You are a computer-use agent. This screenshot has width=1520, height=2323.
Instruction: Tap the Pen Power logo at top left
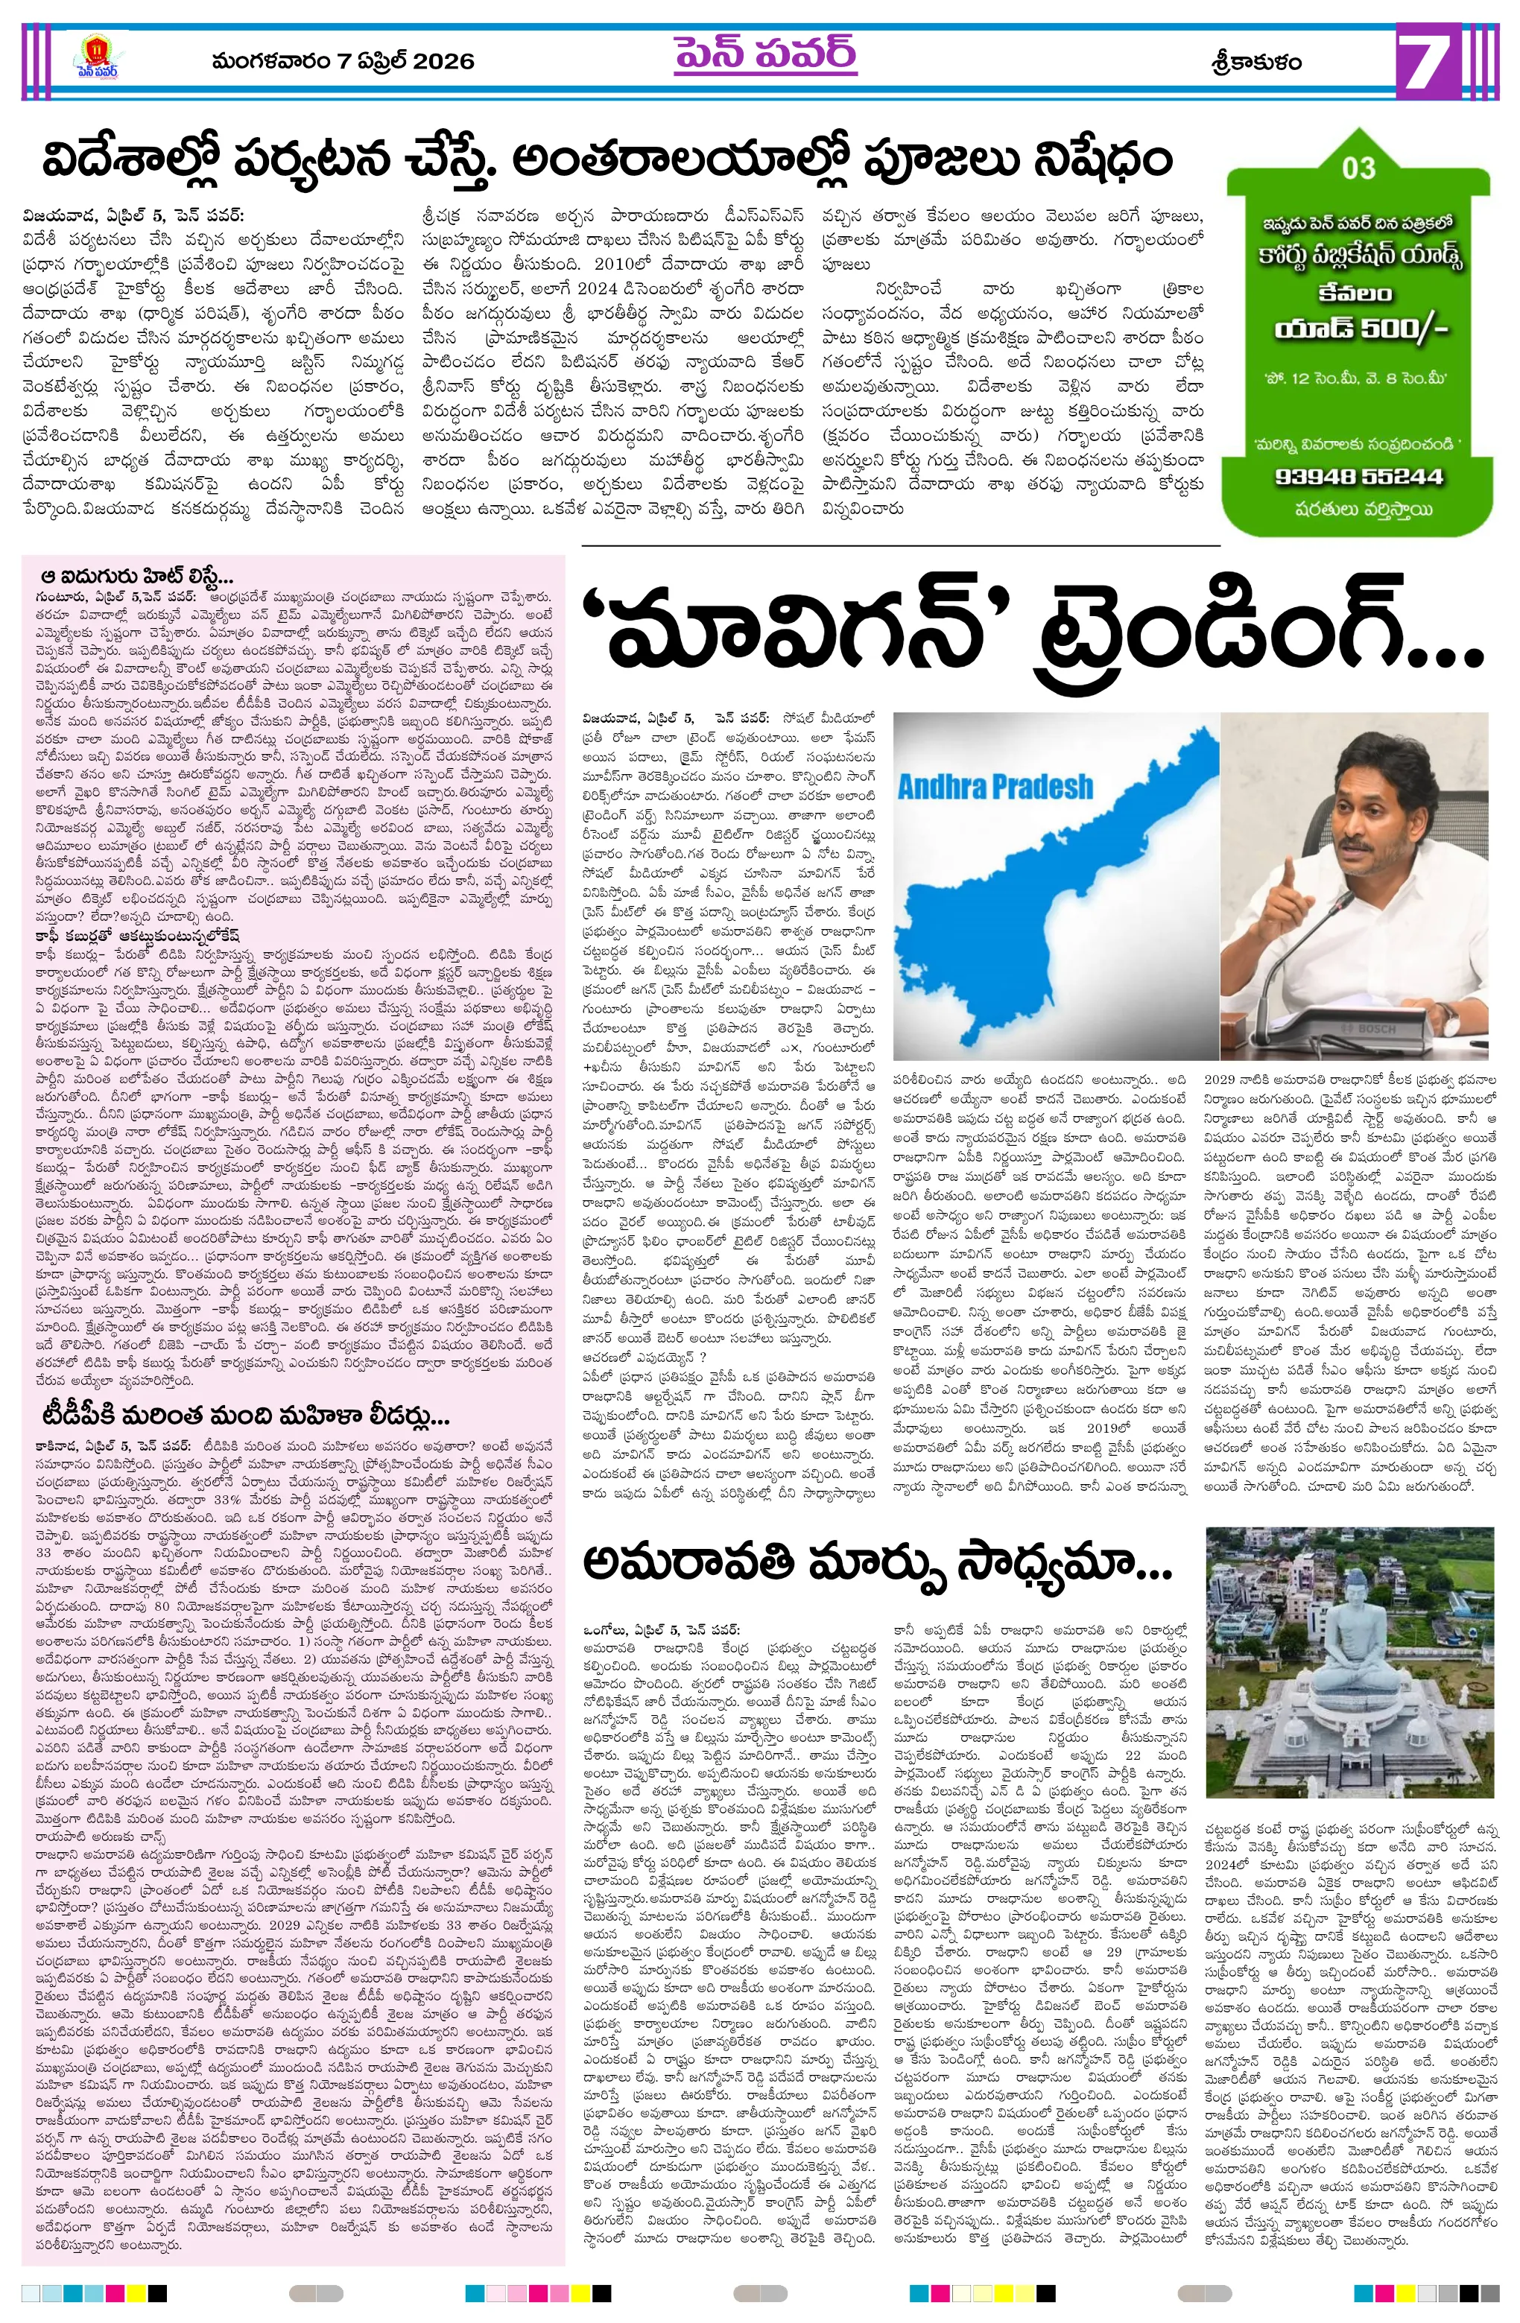(98, 59)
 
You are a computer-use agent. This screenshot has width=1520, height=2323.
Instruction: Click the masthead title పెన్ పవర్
(764, 54)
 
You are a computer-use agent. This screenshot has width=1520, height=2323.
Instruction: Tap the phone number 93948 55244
(1358, 476)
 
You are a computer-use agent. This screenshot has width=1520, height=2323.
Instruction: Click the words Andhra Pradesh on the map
(995, 786)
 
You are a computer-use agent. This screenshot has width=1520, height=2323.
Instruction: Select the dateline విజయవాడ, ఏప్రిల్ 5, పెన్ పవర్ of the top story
(133, 215)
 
